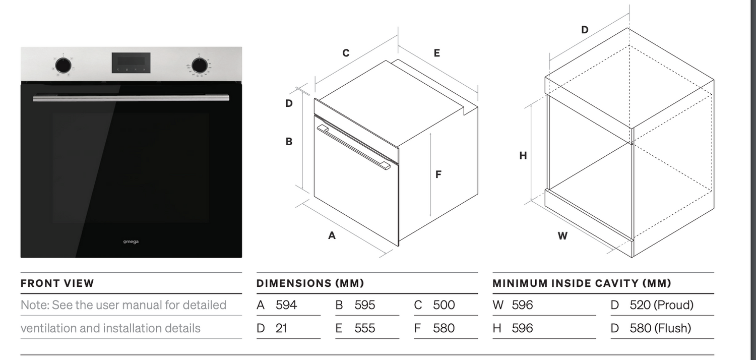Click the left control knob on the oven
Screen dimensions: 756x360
[63, 65]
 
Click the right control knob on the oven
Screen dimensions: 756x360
[200, 65]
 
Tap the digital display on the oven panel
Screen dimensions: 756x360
[131, 63]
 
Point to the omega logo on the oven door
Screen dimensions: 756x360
[131, 242]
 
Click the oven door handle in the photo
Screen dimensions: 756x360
[131, 98]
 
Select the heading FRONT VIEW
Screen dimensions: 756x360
[57, 283]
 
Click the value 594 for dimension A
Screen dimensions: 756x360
[286, 305]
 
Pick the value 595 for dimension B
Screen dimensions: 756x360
[364, 305]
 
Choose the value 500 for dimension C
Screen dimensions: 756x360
[444, 305]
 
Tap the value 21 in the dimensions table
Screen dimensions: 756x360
[281, 328]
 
